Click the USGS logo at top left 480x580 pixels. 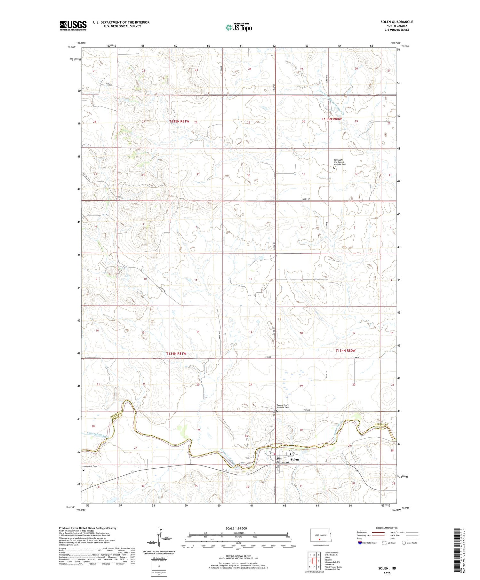[x=73, y=26]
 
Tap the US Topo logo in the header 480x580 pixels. [x=238, y=27]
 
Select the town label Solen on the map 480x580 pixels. [x=295, y=459]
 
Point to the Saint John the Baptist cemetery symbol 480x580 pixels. [x=334, y=167]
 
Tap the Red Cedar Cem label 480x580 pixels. [x=90, y=466]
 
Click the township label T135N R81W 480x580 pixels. [x=180, y=121]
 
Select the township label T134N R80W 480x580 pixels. [x=345, y=351]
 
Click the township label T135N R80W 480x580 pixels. [x=332, y=119]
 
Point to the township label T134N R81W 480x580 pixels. [x=176, y=354]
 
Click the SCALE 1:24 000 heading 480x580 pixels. [x=236, y=528]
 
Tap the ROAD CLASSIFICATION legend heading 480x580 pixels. [x=387, y=528]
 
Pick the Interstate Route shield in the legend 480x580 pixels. [x=360, y=543]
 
